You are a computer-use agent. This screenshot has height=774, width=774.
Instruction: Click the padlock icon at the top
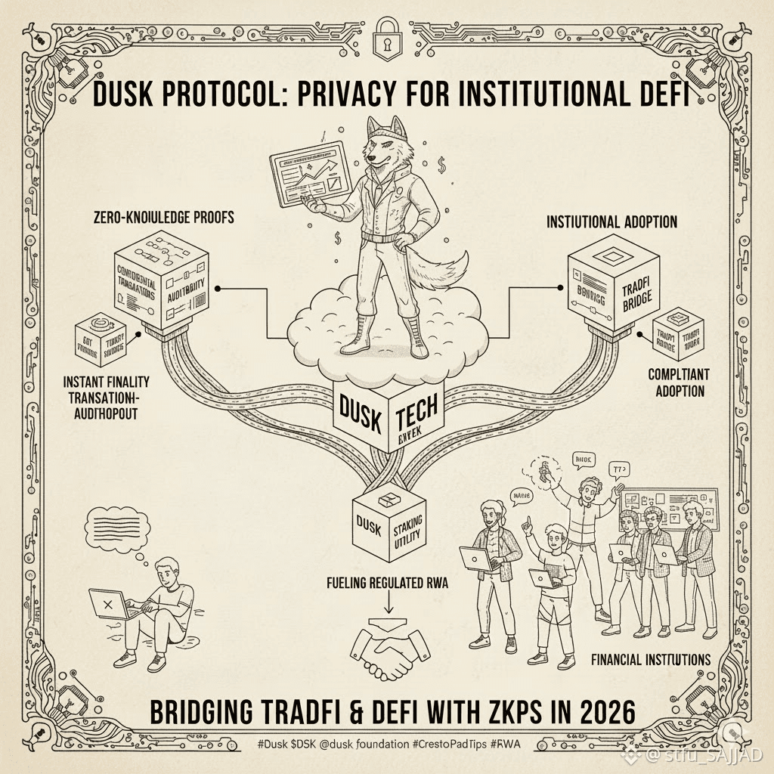[x=386, y=33]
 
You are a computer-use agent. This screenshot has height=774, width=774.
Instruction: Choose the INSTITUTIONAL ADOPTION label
[x=611, y=222]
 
